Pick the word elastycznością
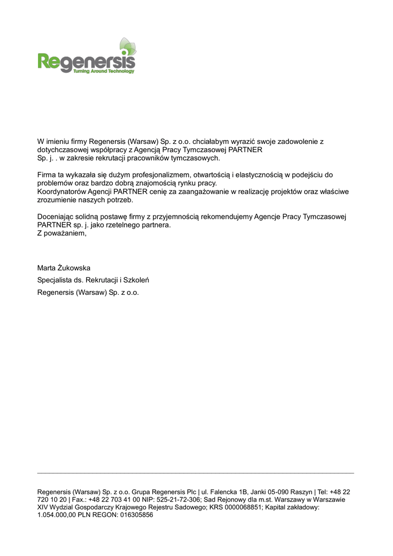(x=256, y=175)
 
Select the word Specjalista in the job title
(x=54, y=280)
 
